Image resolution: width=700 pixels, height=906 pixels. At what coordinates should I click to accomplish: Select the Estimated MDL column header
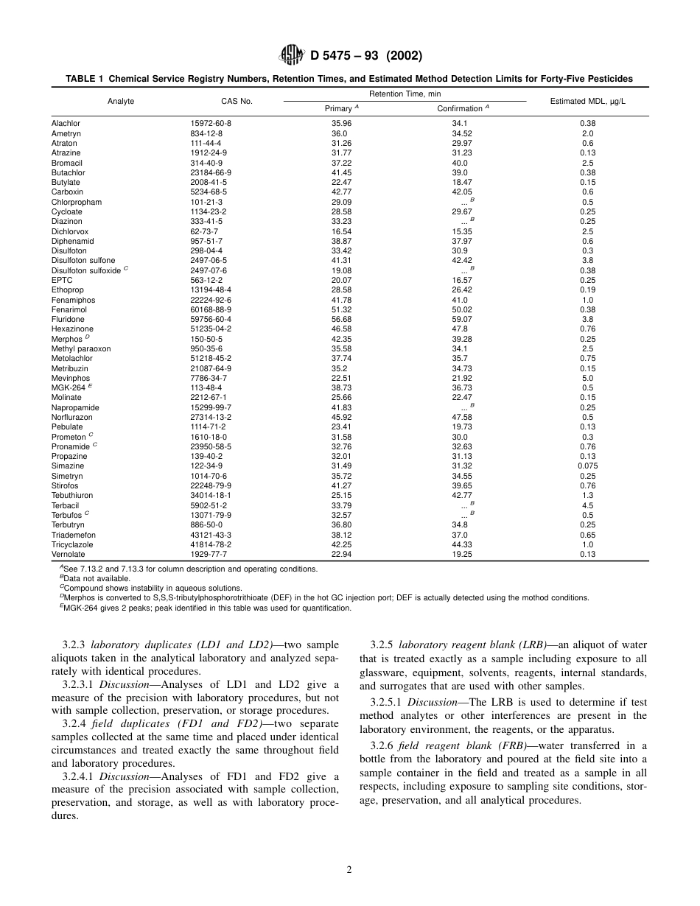click(587, 102)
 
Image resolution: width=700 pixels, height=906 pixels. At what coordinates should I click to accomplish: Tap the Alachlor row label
click(66, 124)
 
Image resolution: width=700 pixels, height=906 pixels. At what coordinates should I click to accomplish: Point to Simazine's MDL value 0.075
click(587, 466)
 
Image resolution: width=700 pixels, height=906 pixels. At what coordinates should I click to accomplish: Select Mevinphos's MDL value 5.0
click(587, 378)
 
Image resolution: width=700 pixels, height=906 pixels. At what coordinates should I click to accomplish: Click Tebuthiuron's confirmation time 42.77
click(462, 496)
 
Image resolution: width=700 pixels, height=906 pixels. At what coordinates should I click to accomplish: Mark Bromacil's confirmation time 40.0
click(460, 163)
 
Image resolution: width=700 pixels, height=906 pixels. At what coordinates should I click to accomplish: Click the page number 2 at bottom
click(349, 870)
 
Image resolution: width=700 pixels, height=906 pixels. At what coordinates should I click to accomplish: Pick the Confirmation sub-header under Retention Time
click(461, 109)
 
